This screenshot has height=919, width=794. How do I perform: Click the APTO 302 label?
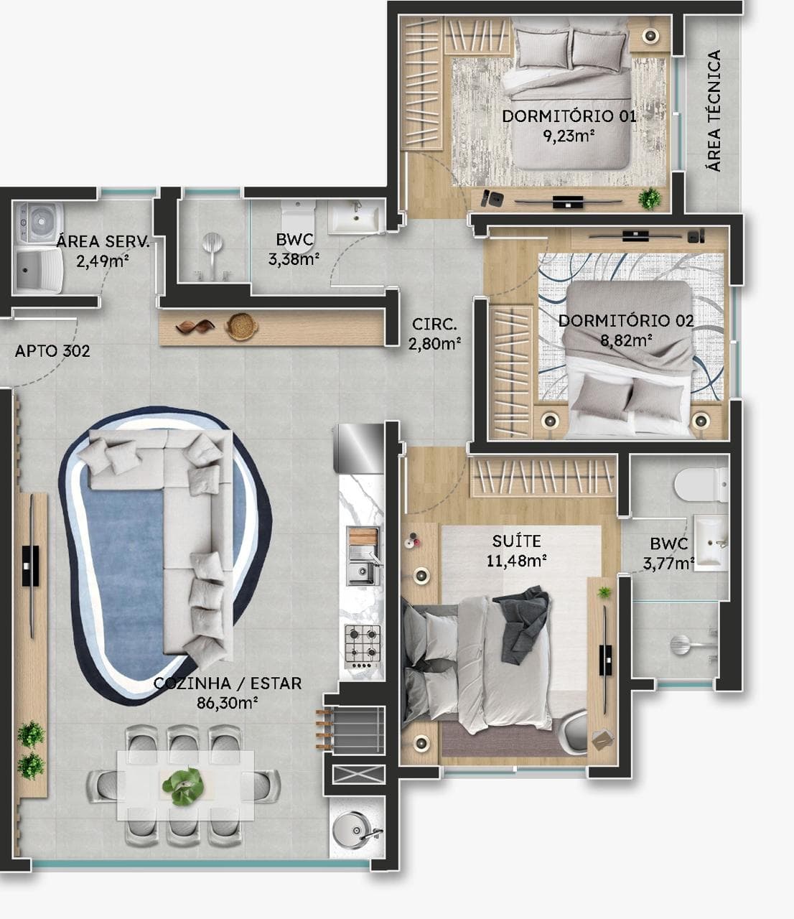(52, 351)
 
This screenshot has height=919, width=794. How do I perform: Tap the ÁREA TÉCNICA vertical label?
(714, 111)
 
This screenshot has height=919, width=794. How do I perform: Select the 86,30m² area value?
(227, 703)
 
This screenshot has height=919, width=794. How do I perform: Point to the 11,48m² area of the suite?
(516, 561)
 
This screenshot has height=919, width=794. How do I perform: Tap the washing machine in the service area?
(39, 223)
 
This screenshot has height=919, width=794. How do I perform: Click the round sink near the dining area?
(354, 830)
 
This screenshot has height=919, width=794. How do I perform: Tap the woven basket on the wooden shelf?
(242, 327)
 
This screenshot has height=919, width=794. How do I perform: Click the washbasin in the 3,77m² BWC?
(711, 542)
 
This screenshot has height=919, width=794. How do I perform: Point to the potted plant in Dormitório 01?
(650, 199)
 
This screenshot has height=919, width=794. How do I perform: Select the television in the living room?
(31, 566)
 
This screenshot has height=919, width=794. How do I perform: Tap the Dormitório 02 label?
(626, 320)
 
